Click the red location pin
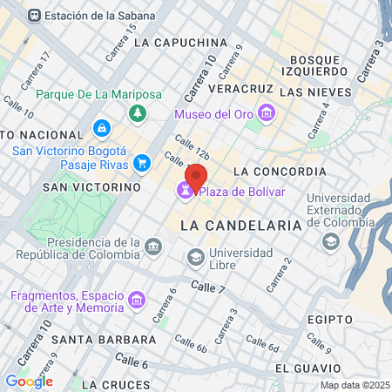pyautogui.click(x=196, y=177)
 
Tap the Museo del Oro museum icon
pyautogui.click(x=267, y=113)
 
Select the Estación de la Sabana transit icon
pyautogui.click(x=34, y=16)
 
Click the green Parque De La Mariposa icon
pyautogui.click(x=137, y=113)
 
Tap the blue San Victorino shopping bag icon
pyautogui.click(x=102, y=130)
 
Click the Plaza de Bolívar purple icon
pyautogui.click(x=186, y=191)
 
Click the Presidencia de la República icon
pyautogui.click(x=153, y=247)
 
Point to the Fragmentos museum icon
pyautogui.click(x=136, y=301)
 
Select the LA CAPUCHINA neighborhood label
pyautogui.click(x=182, y=42)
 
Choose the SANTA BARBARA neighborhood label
pyautogui.click(x=91, y=338)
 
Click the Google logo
pyautogui.click(x=29, y=381)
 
